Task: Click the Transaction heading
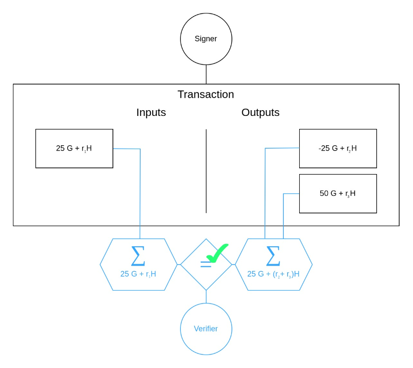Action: [206, 94]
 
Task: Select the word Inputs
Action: [151, 113]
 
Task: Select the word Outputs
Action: [260, 113]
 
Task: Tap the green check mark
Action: [217, 253]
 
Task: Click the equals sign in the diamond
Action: [206, 264]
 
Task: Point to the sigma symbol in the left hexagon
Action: [138, 256]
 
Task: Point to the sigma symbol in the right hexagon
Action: [273, 256]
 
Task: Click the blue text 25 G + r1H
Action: [138, 274]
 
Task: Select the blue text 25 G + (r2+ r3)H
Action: [273, 274]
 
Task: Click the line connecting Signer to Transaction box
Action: [206, 75]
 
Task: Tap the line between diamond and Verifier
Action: [206, 297]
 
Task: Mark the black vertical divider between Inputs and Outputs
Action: [206, 171]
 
